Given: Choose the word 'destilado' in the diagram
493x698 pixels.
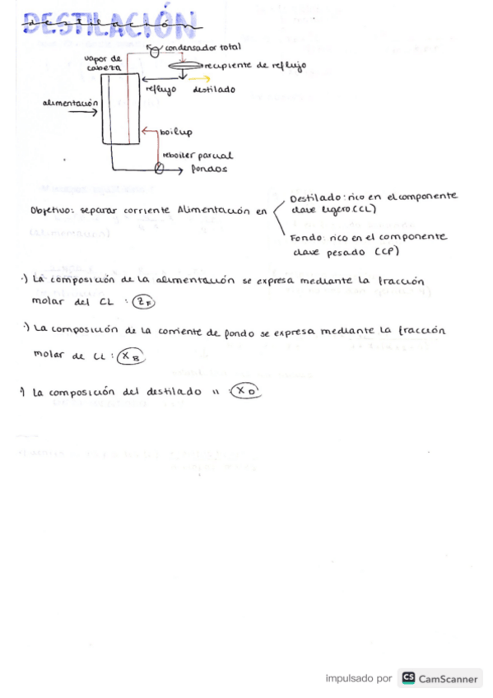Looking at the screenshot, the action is pos(214,89).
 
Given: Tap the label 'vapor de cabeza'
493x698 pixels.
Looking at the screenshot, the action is pos(105,63).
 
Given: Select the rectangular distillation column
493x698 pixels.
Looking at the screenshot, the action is pos(122,107).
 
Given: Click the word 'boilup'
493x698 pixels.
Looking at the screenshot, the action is pos(175,131).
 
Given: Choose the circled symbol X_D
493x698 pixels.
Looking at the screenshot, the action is pos(244,392).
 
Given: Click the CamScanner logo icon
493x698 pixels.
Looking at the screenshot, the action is pos(408,678).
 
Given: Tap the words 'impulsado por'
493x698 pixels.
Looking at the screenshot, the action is pos(359,679).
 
